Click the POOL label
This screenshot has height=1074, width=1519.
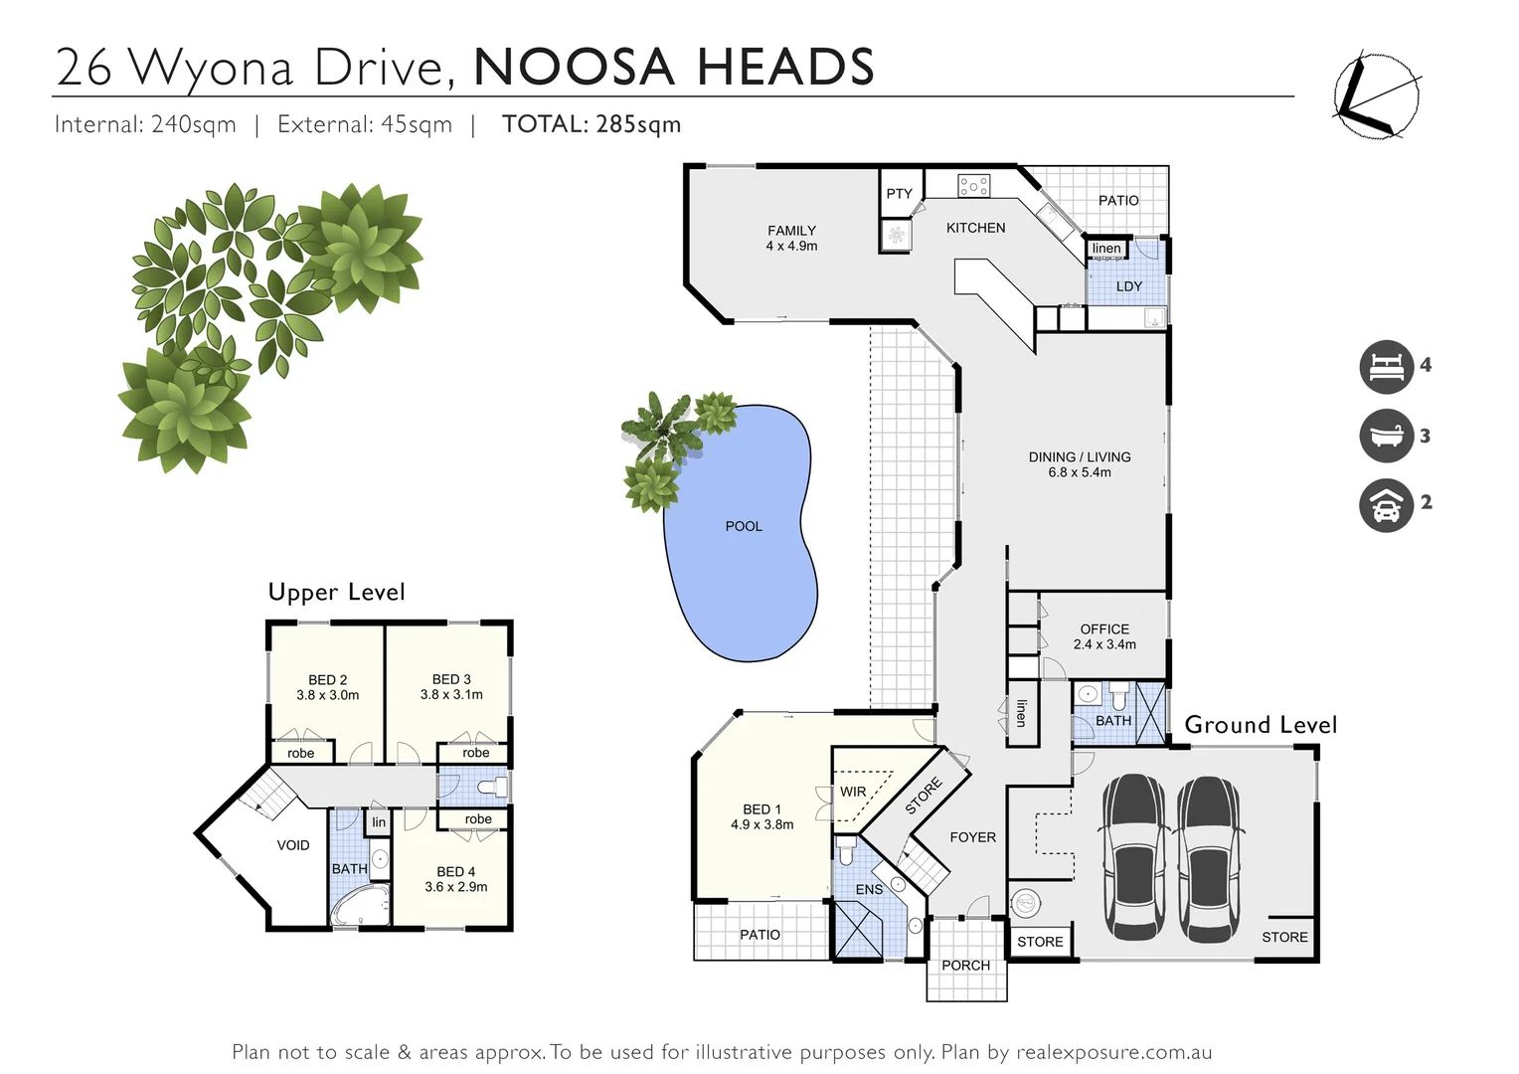pos(744,526)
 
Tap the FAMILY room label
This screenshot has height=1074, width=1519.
pos(791,231)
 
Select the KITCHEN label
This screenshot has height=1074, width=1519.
pos(975,228)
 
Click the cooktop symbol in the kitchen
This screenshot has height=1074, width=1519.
pos(972,185)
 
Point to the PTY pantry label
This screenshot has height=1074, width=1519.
pos(899,194)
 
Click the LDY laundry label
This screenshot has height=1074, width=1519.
pos(1128,286)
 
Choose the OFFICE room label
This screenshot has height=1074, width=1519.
pos(1104,629)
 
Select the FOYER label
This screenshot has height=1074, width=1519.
pos(972,837)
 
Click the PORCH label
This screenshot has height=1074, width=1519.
pos(965,965)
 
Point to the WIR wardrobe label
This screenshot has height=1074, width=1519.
pos(853,793)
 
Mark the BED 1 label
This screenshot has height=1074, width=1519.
pos(762,809)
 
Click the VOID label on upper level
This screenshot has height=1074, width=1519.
pos(293,845)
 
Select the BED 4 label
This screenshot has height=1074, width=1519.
pos(456,872)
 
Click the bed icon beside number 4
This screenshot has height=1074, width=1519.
pos(1386,367)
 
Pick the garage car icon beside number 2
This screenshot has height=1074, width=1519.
pos(1386,504)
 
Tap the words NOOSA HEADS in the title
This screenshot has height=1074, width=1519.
pos(674,68)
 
